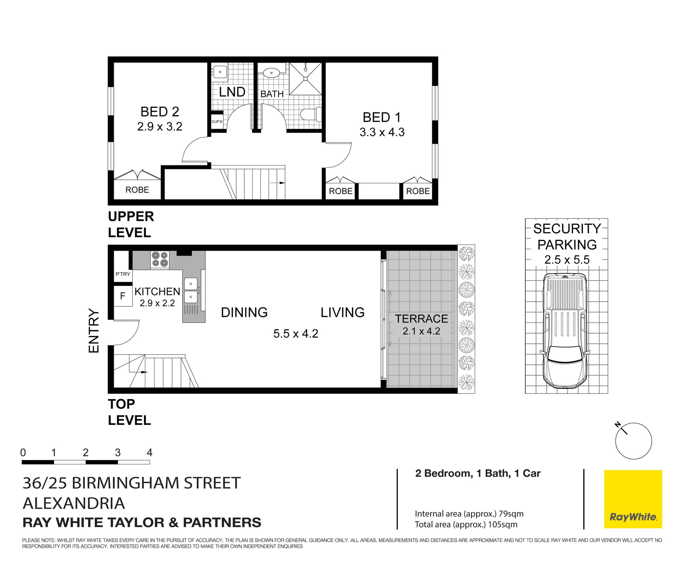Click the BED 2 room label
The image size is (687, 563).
pyautogui.click(x=160, y=112)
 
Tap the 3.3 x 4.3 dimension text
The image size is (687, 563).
pyautogui.click(x=382, y=132)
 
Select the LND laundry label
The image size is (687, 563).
pyautogui.click(x=232, y=92)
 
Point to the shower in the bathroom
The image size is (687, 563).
pyautogui.click(x=305, y=79)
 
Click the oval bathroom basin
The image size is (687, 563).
pyautogui.click(x=272, y=73)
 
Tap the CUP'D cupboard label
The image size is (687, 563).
pyautogui.click(x=217, y=122)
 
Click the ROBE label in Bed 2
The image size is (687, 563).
pyautogui.click(x=137, y=190)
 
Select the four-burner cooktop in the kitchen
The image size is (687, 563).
pyautogui.click(x=160, y=260)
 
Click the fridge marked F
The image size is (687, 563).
pyautogui.click(x=122, y=296)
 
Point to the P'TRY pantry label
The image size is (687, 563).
pyautogui.click(x=123, y=274)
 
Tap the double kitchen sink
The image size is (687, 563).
pyautogui.click(x=191, y=290)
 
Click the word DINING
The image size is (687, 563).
pyautogui.click(x=244, y=312)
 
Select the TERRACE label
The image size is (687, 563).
pyautogui.click(x=421, y=318)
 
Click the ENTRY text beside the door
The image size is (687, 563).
pyautogui.click(x=93, y=331)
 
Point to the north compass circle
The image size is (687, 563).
pyautogui.click(x=633, y=441)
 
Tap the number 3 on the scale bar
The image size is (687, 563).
pyautogui.click(x=118, y=453)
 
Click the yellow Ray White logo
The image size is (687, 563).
pyautogui.click(x=633, y=499)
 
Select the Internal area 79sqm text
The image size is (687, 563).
pyautogui.click(x=469, y=514)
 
